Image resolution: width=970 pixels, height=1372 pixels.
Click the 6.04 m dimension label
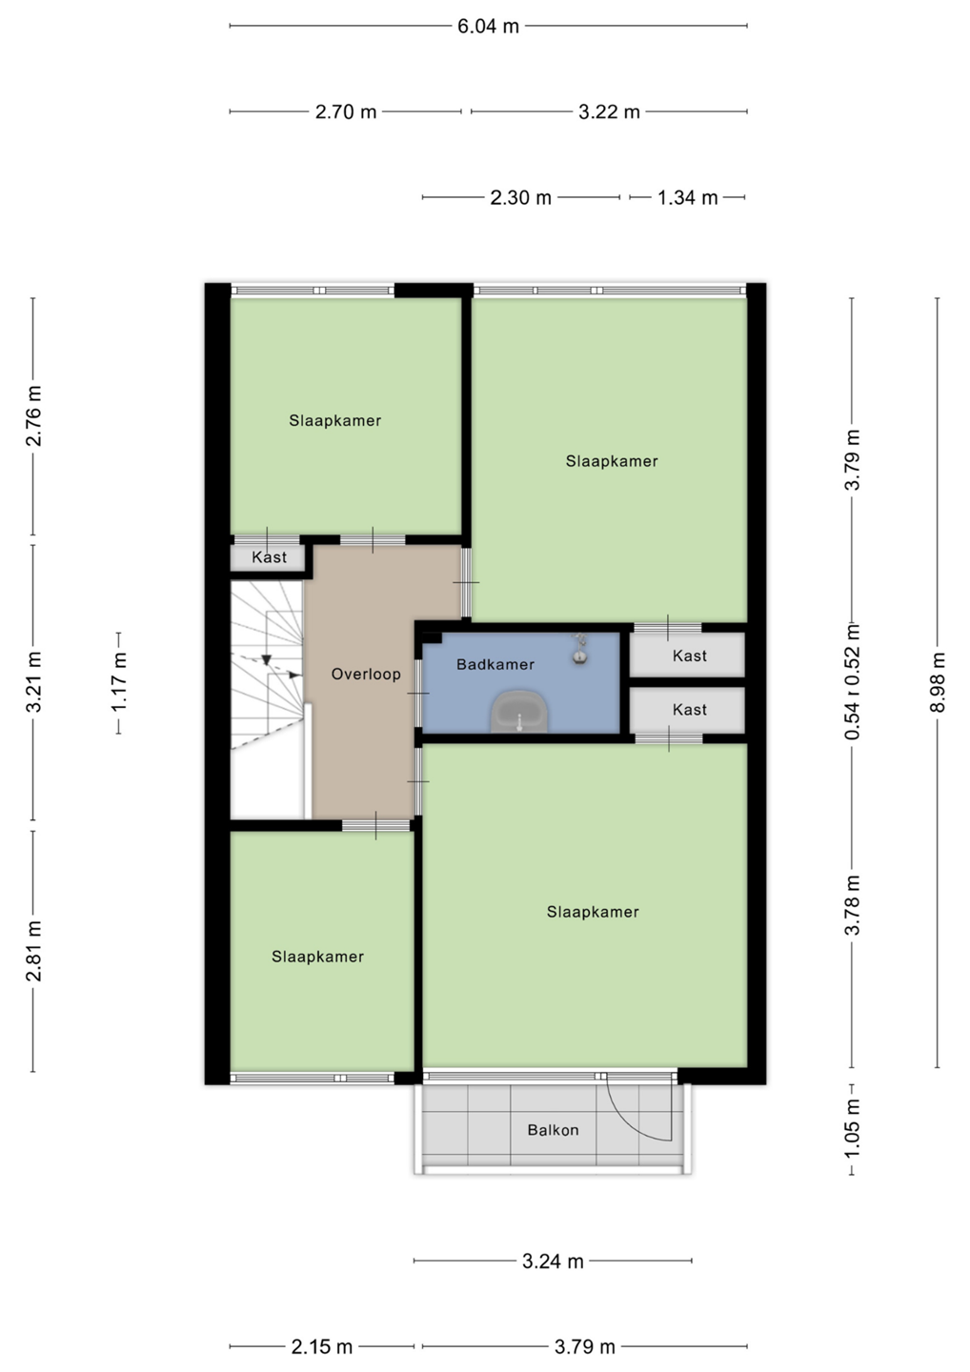point(488,27)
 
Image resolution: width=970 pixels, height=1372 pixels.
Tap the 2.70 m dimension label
point(345,112)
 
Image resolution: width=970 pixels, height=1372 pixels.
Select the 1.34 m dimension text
point(687,198)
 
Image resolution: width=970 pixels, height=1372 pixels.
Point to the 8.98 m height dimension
point(938,682)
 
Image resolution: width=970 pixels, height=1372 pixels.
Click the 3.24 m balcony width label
point(553,1261)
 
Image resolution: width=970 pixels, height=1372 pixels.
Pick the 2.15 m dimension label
point(321,1347)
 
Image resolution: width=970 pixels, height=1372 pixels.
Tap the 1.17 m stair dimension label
point(118,682)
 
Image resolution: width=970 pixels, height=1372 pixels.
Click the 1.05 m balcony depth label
point(853,1128)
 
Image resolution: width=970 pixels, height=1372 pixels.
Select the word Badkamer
point(495,665)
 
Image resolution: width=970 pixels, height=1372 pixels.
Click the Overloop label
point(366,675)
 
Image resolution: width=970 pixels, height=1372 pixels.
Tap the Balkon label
point(553,1130)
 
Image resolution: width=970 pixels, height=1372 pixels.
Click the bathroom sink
point(519,713)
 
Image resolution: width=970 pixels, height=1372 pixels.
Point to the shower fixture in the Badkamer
point(579,649)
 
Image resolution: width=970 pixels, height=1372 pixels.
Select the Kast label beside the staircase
point(270,557)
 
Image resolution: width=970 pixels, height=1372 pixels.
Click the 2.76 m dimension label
point(33,416)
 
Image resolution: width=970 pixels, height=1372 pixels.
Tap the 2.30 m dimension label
point(520,198)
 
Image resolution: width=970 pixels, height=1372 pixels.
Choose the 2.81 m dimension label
point(33,951)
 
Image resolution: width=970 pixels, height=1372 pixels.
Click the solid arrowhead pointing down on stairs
point(267,659)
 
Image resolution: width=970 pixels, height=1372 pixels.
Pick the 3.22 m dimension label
point(609,112)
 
